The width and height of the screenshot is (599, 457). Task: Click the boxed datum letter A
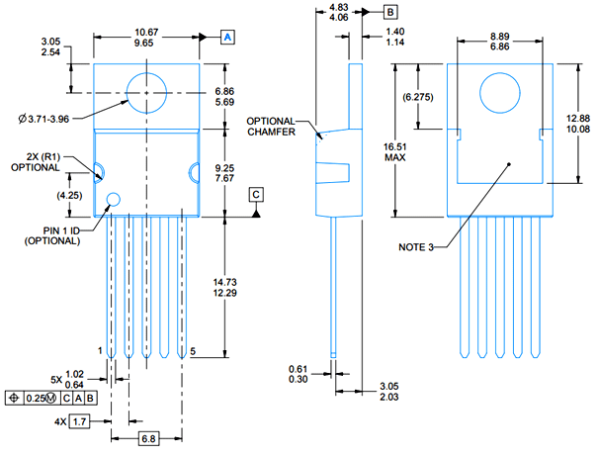point(226,37)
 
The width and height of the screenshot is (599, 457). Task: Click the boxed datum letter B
point(390,12)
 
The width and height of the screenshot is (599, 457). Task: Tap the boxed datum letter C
point(257,194)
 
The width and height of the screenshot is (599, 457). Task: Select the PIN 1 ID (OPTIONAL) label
point(50,235)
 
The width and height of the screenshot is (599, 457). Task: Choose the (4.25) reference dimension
point(69,195)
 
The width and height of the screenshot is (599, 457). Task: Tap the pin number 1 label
point(101,350)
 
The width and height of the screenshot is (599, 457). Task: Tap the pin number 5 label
point(193,350)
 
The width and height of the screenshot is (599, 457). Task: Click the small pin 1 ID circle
point(113,200)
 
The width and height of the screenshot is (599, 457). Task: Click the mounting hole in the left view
point(146,91)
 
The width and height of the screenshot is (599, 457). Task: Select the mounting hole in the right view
point(499,92)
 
